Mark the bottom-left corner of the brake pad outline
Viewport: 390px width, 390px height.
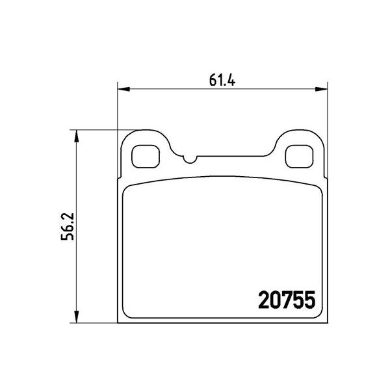pos(118,321)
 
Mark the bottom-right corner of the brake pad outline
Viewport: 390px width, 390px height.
pos(325,321)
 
